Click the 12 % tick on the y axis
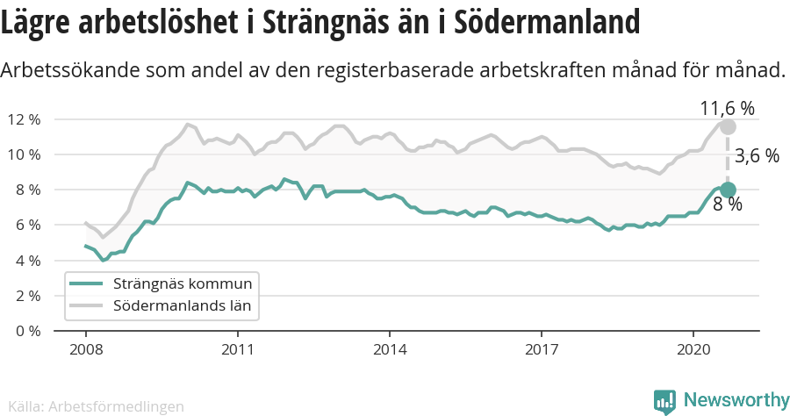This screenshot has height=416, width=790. click(24, 119)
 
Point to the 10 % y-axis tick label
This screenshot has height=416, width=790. click(24, 154)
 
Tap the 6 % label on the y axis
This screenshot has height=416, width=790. click(27, 226)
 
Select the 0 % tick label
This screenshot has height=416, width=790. click(27, 331)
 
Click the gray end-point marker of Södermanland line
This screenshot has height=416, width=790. click(728, 126)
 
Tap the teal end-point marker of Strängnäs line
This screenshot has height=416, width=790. click(728, 190)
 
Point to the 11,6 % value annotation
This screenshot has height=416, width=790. click(727, 109)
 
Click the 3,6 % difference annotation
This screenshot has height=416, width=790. click(757, 156)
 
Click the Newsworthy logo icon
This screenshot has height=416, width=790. click(664, 401)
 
